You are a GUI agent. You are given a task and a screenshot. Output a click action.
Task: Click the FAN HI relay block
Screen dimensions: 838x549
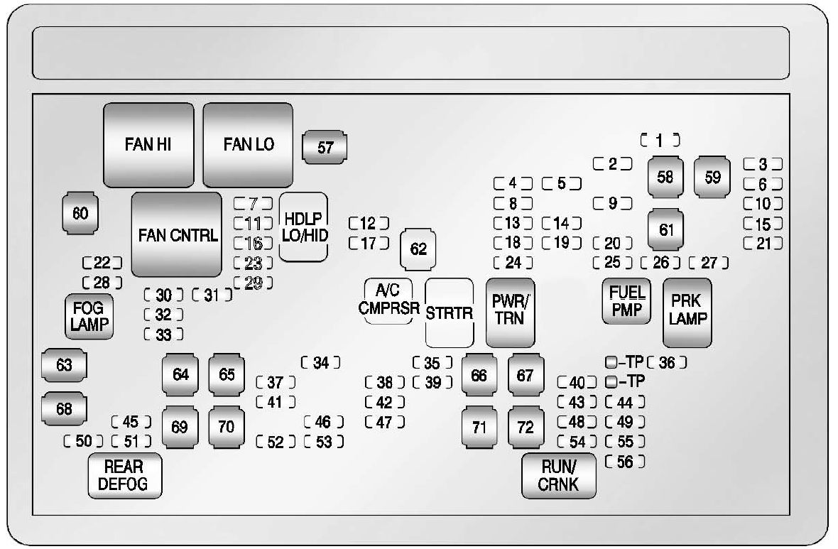coord(148,145)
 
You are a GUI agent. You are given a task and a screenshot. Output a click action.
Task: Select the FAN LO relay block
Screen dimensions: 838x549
coord(248,145)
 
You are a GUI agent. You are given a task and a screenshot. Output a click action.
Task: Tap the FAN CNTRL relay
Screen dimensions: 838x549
coord(177,234)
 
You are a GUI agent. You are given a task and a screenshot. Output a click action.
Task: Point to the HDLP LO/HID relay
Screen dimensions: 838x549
coord(303,227)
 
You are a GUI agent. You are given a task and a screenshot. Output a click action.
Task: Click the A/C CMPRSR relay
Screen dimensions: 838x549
coord(388,300)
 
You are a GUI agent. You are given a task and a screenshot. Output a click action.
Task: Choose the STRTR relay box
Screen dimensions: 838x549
coord(450,312)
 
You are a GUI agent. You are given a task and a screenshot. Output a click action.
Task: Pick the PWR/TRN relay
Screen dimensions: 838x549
coord(511,312)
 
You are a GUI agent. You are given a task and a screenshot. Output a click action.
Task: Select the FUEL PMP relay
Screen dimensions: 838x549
coord(626,301)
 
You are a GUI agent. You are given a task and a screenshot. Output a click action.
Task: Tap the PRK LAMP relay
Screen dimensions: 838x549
coord(687,312)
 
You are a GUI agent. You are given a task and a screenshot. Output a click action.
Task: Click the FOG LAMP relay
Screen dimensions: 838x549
coord(89,317)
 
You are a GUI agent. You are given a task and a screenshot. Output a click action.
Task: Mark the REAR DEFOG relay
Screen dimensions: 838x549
coord(124,476)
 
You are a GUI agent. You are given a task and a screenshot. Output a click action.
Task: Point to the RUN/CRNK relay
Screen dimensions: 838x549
coord(558,476)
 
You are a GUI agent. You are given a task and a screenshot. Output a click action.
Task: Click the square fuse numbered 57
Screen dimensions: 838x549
coord(325,148)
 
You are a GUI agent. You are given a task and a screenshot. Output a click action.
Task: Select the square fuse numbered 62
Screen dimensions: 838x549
coord(418,249)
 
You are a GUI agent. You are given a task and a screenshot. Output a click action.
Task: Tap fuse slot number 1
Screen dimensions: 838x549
coord(660,140)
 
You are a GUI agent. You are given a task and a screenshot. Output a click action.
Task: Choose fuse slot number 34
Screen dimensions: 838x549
coord(321,362)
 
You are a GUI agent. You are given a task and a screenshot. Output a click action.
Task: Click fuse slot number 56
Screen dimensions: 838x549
coord(625,462)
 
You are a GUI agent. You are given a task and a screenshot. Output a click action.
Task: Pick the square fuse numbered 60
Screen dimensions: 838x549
coord(80,213)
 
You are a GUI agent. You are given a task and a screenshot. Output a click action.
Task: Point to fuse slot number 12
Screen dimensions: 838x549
coord(369,223)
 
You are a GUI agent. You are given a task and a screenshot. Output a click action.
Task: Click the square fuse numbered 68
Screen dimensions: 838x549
coord(64,409)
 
